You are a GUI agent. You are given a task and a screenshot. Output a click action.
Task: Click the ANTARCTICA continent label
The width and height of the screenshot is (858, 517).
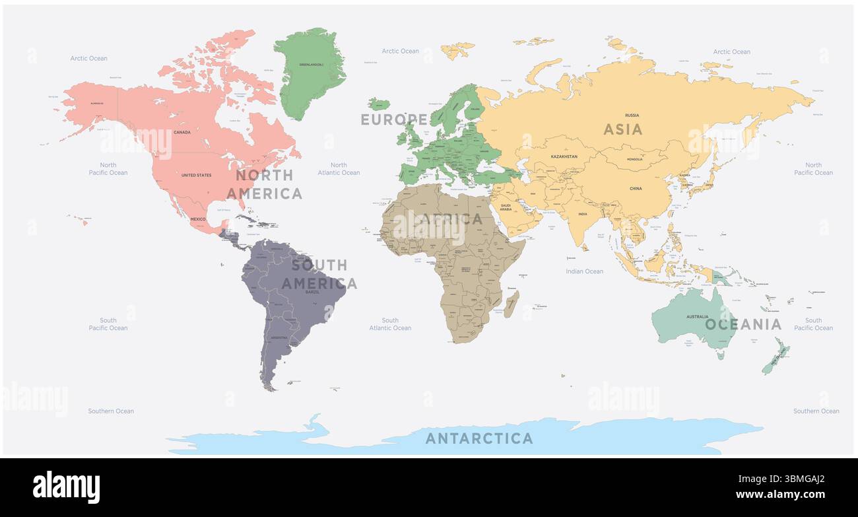point(478,438)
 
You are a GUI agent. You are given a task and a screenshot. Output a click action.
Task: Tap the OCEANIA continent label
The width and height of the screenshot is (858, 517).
point(742,324)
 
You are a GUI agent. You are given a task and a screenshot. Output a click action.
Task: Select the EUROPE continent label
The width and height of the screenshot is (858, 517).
point(394,120)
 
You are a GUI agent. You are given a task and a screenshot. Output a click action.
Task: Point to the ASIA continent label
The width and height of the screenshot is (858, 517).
point(622,129)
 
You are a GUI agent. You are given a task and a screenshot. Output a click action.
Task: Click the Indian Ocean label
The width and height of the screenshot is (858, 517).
point(584,271)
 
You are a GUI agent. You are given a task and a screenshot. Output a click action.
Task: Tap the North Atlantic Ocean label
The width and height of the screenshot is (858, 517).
point(339,169)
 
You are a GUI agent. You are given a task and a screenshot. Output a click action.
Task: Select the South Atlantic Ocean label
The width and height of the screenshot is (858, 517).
point(390,324)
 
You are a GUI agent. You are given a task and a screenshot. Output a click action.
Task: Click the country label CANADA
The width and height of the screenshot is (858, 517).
point(182,132)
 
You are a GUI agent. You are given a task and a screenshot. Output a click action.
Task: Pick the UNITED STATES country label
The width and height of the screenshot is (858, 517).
point(197,175)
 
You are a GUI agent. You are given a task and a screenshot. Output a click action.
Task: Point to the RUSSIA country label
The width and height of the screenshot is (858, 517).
point(632,116)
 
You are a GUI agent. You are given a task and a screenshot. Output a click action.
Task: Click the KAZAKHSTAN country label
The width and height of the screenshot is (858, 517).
point(564,156)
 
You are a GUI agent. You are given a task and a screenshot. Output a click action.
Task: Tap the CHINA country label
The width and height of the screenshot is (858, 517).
point(636,189)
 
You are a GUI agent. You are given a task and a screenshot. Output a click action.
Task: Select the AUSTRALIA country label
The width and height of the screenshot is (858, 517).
point(697,317)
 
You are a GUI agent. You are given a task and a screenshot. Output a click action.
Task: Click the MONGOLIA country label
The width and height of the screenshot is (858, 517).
point(634,160)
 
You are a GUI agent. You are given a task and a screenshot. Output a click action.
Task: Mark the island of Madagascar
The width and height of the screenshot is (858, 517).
point(511,304)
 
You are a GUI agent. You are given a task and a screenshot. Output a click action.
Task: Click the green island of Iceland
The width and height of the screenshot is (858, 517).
point(379,104)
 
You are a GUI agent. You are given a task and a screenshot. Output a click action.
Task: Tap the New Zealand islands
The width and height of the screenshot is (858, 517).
point(776,357)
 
